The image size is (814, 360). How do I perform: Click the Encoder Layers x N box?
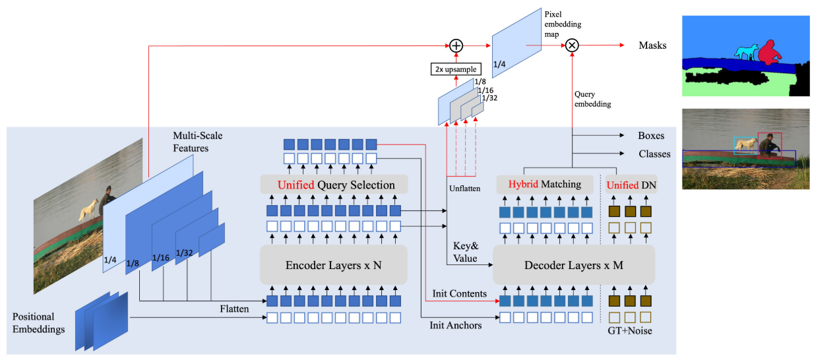coord(334,265)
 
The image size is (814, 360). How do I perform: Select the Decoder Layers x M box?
coord(574,265)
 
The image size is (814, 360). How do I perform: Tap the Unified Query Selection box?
coord(334,185)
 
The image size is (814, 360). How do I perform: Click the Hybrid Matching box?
coord(545,185)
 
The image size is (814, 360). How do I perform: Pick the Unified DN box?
coord(631,185)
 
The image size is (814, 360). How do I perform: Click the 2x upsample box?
coord(456,69)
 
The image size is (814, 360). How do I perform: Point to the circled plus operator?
coord(456,45)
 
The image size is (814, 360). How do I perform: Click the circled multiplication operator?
coord(572,45)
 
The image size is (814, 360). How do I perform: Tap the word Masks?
coord(652,45)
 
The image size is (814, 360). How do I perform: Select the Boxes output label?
coord(651,136)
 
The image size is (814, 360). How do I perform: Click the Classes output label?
coord(654,154)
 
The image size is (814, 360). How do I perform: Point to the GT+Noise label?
coord(630,330)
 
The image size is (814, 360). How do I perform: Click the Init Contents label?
coord(459,293)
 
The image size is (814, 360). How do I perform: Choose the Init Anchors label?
coord(456,325)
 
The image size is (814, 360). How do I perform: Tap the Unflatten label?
coord(464,188)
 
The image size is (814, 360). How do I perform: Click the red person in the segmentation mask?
coord(769,53)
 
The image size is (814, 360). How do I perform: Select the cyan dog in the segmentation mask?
coord(746,52)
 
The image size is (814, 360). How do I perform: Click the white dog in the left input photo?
coord(88,210)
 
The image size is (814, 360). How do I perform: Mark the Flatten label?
coord(234,309)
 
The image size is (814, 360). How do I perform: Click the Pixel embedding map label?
coord(563,24)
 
